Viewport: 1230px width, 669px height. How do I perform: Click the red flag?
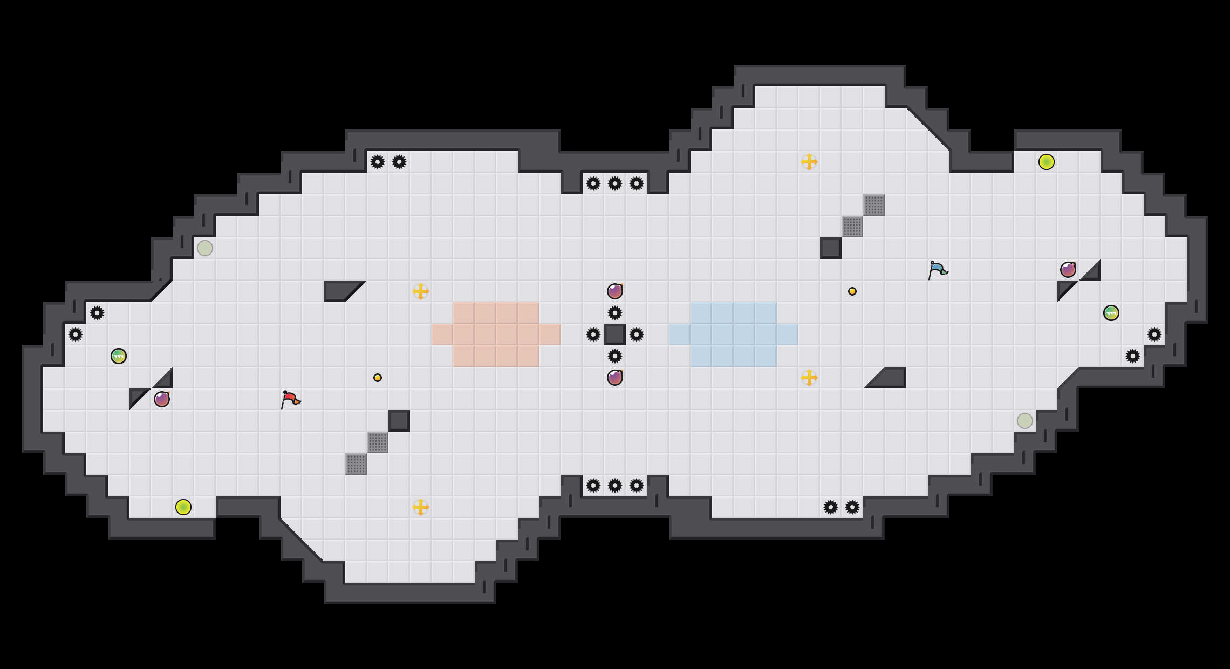point(290,399)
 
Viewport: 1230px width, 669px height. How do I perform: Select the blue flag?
point(938,270)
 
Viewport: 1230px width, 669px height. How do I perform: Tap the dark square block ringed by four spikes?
point(615,334)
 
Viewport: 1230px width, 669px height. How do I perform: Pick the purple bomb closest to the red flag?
point(162,399)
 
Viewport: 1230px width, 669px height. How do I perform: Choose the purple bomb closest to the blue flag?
point(1068,270)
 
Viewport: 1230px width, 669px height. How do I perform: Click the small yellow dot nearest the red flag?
point(378,378)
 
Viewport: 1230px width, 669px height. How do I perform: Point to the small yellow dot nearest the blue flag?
point(852,291)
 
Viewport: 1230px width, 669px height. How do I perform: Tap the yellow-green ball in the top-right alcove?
point(1047,162)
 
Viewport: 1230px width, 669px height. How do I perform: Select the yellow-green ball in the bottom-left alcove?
point(183,507)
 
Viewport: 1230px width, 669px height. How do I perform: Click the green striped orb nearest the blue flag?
point(1111,313)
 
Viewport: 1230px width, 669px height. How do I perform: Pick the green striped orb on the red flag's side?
point(119,356)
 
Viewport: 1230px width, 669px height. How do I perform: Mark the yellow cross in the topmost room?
point(809,162)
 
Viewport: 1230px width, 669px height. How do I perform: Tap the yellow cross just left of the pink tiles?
point(421,291)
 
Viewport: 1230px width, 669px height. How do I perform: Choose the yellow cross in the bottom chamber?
point(421,507)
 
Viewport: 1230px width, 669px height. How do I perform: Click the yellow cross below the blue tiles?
point(809,378)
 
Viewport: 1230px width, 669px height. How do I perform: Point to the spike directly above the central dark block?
point(615,313)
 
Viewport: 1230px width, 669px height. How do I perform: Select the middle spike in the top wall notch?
point(615,183)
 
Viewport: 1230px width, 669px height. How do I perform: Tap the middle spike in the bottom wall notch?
point(615,486)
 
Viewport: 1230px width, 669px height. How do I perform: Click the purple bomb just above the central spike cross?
point(615,291)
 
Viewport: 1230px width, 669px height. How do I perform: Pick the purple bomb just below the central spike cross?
point(615,378)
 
